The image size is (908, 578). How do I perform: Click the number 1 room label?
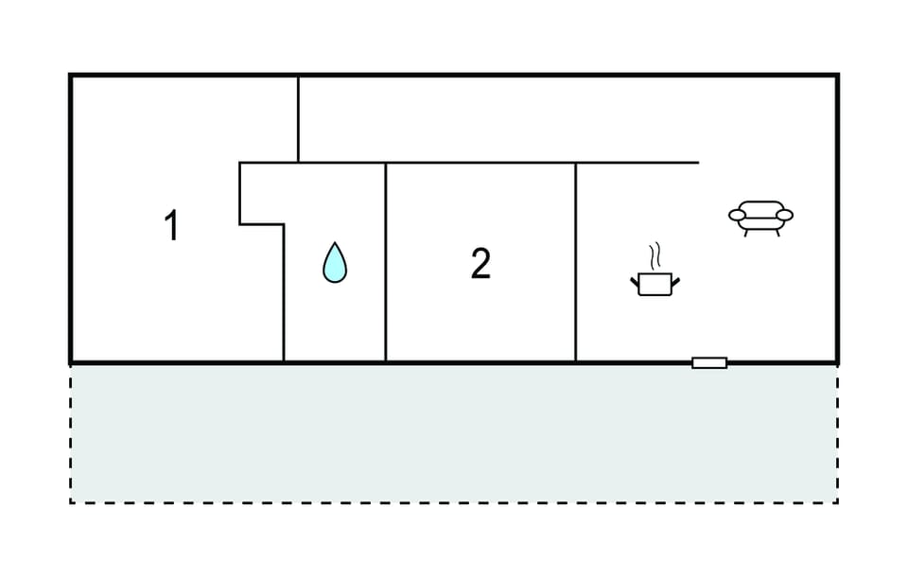point(171,225)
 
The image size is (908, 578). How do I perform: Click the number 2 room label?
point(480,264)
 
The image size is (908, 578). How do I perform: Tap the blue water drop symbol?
point(335,263)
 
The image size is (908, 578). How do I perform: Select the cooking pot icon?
point(655,284)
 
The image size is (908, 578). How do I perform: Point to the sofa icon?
point(760,218)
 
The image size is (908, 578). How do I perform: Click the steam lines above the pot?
point(655,255)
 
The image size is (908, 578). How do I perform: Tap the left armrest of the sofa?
point(737,216)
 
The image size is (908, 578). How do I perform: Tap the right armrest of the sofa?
point(785,216)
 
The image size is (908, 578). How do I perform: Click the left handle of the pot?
point(635,282)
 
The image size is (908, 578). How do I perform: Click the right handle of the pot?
point(675,282)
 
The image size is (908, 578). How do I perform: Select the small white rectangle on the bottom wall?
point(709,363)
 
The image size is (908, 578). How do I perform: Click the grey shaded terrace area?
point(454,434)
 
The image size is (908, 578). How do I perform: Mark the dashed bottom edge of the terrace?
point(454,502)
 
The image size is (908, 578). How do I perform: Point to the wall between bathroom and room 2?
point(386,262)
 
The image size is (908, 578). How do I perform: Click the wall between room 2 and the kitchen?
point(576,262)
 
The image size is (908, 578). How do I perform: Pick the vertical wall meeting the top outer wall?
point(298,119)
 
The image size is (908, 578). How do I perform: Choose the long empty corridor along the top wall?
point(567,119)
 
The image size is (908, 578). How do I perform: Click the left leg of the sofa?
point(746,233)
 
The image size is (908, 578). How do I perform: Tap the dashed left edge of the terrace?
point(70,434)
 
